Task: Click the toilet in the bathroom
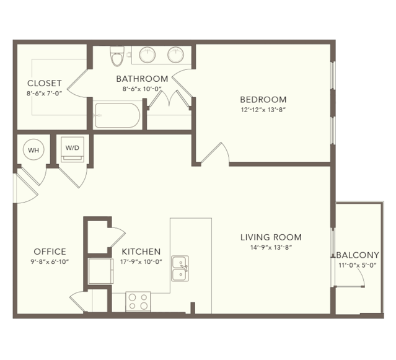[x=117, y=56]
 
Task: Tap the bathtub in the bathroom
[x=117, y=115]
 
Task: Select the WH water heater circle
[x=33, y=150]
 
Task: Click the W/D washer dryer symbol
[x=73, y=149]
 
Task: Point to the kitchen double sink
[x=180, y=268]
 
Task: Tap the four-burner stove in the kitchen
[x=138, y=301]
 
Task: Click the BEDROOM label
[x=263, y=100]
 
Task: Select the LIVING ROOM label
[x=271, y=237]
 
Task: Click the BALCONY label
[x=358, y=255]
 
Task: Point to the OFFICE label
[x=50, y=252]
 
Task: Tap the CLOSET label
[x=45, y=83]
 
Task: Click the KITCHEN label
[x=141, y=252]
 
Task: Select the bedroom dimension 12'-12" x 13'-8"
[x=263, y=110]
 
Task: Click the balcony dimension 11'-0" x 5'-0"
[x=358, y=265]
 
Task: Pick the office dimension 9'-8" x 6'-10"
[x=50, y=262]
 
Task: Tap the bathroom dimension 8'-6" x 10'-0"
[x=142, y=89]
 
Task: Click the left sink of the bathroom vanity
[x=147, y=55]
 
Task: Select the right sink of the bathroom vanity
[x=175, y=55]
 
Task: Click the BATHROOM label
[x=142, y=79]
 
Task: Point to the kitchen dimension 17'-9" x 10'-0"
[x=141, y=262]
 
